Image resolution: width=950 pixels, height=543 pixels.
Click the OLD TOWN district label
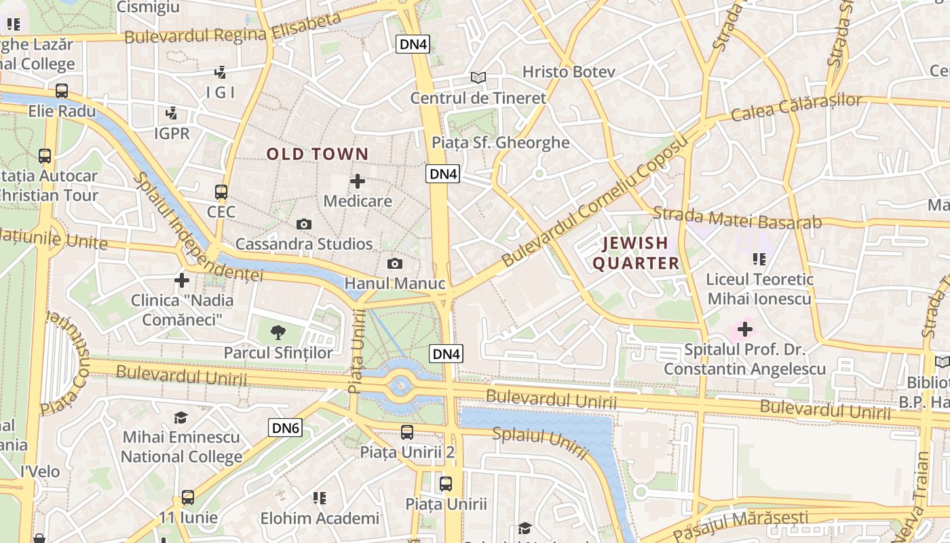point(317,154)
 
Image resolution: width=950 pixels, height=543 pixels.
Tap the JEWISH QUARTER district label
point(636,253)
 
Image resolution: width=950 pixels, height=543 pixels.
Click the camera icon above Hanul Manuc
point(395,264)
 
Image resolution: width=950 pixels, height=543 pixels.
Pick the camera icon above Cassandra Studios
point(304,224)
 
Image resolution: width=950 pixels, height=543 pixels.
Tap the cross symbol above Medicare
point(358,181)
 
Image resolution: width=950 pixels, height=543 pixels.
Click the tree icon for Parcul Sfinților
point(278,333)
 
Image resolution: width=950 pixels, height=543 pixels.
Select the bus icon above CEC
point(221,192)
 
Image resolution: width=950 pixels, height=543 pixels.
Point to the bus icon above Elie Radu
point(62,91)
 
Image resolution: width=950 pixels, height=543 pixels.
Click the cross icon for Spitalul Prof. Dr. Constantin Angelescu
point(745,330)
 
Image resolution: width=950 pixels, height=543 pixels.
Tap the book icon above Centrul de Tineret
point(478,78)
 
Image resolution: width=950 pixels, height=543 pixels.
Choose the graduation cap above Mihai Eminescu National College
point(181,417)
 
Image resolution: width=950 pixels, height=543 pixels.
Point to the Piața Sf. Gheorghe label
point(501,143)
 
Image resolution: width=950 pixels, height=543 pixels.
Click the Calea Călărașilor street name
point(797,107)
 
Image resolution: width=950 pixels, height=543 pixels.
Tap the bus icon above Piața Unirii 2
point(407,432)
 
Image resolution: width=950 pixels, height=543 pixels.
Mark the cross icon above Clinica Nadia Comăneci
point(182,280)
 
